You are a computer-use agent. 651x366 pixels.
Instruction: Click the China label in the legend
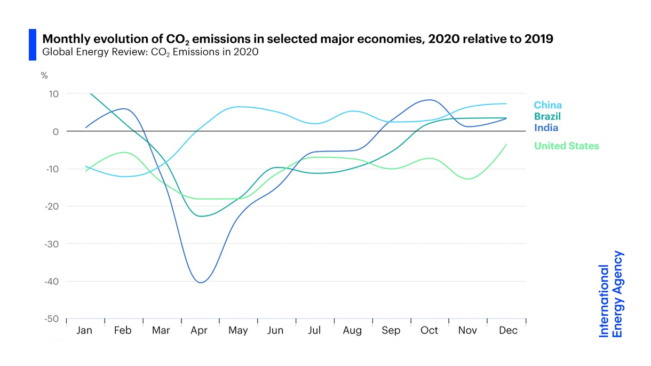(547, 105)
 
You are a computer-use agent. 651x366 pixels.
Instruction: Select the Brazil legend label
(547, 116)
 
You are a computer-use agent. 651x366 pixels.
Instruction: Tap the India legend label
(546, 128)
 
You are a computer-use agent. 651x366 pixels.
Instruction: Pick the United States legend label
(566, 146)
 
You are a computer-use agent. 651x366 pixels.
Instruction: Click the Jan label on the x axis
(84, 331)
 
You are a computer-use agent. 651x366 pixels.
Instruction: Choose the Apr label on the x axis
(199, 331)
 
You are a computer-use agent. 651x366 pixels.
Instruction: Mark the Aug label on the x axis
(352, 331)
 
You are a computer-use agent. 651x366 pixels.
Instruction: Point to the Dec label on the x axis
(507, 331)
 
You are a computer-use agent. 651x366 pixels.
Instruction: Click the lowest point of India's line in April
(200, 283)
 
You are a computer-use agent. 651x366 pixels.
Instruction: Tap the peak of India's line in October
(430, 100)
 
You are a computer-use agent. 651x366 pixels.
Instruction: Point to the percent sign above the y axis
(44, 76)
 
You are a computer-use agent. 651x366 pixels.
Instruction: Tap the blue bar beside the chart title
(32, 45)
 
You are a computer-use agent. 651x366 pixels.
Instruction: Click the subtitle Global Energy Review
(150, 52)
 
